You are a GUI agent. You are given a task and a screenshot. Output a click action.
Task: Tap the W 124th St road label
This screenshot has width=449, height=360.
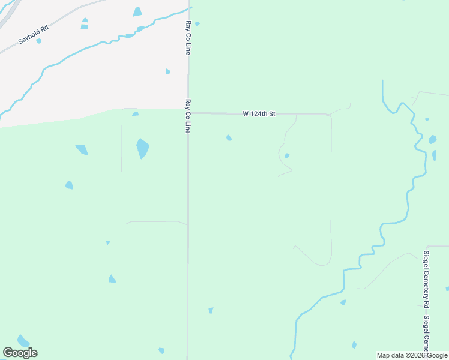(x=259, y=113)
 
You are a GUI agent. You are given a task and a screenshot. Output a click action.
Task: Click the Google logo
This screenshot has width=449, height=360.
(x=20, y=353)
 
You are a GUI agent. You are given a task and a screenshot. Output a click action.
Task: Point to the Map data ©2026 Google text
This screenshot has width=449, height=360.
(x=412, y=355)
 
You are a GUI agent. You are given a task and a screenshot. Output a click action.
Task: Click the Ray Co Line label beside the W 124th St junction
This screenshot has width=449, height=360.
(x=188, y=116)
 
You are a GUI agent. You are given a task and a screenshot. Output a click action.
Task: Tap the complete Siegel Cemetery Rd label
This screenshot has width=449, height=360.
(x=426, y=278)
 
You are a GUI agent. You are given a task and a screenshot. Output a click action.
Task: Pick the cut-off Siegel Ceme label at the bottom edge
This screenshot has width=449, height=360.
(x=427, y=333)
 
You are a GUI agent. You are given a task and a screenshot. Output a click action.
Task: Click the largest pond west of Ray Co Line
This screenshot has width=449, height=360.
(x=142, y=148)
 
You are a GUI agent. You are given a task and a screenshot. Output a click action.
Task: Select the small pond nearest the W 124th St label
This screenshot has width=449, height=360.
(x=229, y=138)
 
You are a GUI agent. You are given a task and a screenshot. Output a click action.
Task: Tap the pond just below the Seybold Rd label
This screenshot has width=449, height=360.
(x=38, y=41)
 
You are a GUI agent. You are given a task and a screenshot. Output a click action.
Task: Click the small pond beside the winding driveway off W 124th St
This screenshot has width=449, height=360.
(x=287, y=155)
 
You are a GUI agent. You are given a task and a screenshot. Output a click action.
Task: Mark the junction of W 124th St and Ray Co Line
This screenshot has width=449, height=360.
(x=188, y=112)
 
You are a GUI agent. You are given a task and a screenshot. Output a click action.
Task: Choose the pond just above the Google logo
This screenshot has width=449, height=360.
(x=23, y=341)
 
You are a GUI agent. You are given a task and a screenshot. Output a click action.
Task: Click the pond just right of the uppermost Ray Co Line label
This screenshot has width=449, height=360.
(x=197, y=24)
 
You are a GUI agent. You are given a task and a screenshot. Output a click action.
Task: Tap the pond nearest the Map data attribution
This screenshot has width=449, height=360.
(x=354, y=345)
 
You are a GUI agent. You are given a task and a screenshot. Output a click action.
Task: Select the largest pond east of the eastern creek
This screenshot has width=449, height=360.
(x=433, y=140)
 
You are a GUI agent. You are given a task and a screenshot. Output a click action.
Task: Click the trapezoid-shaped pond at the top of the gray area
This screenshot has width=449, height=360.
(x=137, y=12)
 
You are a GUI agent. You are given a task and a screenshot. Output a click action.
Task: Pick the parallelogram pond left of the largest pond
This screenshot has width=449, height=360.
(x=82, y=149)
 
